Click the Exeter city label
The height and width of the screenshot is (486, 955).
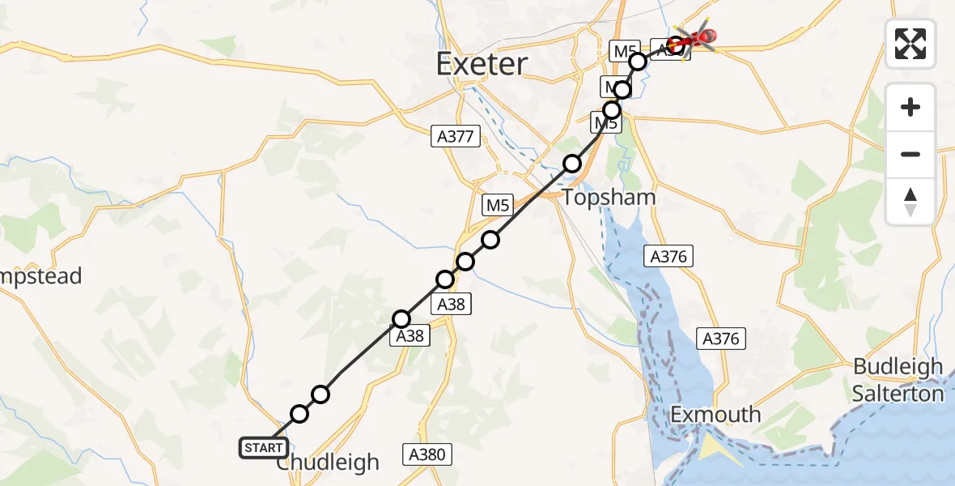point(482,63)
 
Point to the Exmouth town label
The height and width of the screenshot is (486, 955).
point(715,415)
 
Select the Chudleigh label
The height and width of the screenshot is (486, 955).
point(328,463)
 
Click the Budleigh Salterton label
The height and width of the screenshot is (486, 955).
point(898,380)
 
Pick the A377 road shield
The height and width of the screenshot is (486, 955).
point(455,137)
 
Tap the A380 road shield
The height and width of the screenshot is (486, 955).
point(426,454)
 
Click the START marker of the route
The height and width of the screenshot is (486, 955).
point(263,447)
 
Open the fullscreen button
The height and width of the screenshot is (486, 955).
point(910,43)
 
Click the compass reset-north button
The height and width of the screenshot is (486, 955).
point(910,202)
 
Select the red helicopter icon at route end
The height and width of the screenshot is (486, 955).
point(698,37)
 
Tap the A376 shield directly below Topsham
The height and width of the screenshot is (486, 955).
point(668,257)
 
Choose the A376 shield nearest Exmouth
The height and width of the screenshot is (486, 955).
point(721,339)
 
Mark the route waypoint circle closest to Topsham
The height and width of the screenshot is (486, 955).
point(572,164)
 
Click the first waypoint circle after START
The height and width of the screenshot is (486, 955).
point(299,414)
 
